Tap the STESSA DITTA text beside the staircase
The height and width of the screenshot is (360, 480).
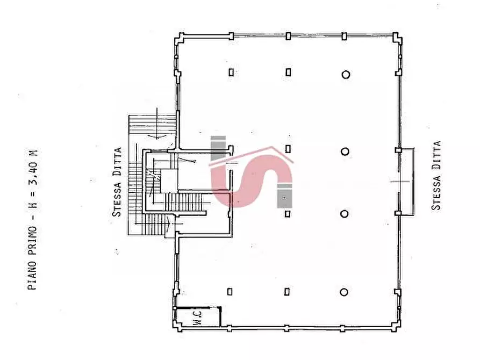pyautogui.click(x=117, y=182)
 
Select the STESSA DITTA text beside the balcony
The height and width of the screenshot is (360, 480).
pyautogui.click(x=436, y=175)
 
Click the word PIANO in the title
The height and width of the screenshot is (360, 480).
pyautogui.click(x=32, y=275)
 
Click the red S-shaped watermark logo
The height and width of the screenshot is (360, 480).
pyautogui.click(x=251, y=180)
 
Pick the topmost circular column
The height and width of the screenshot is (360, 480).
pyautogui.click(x=346, y=74)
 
